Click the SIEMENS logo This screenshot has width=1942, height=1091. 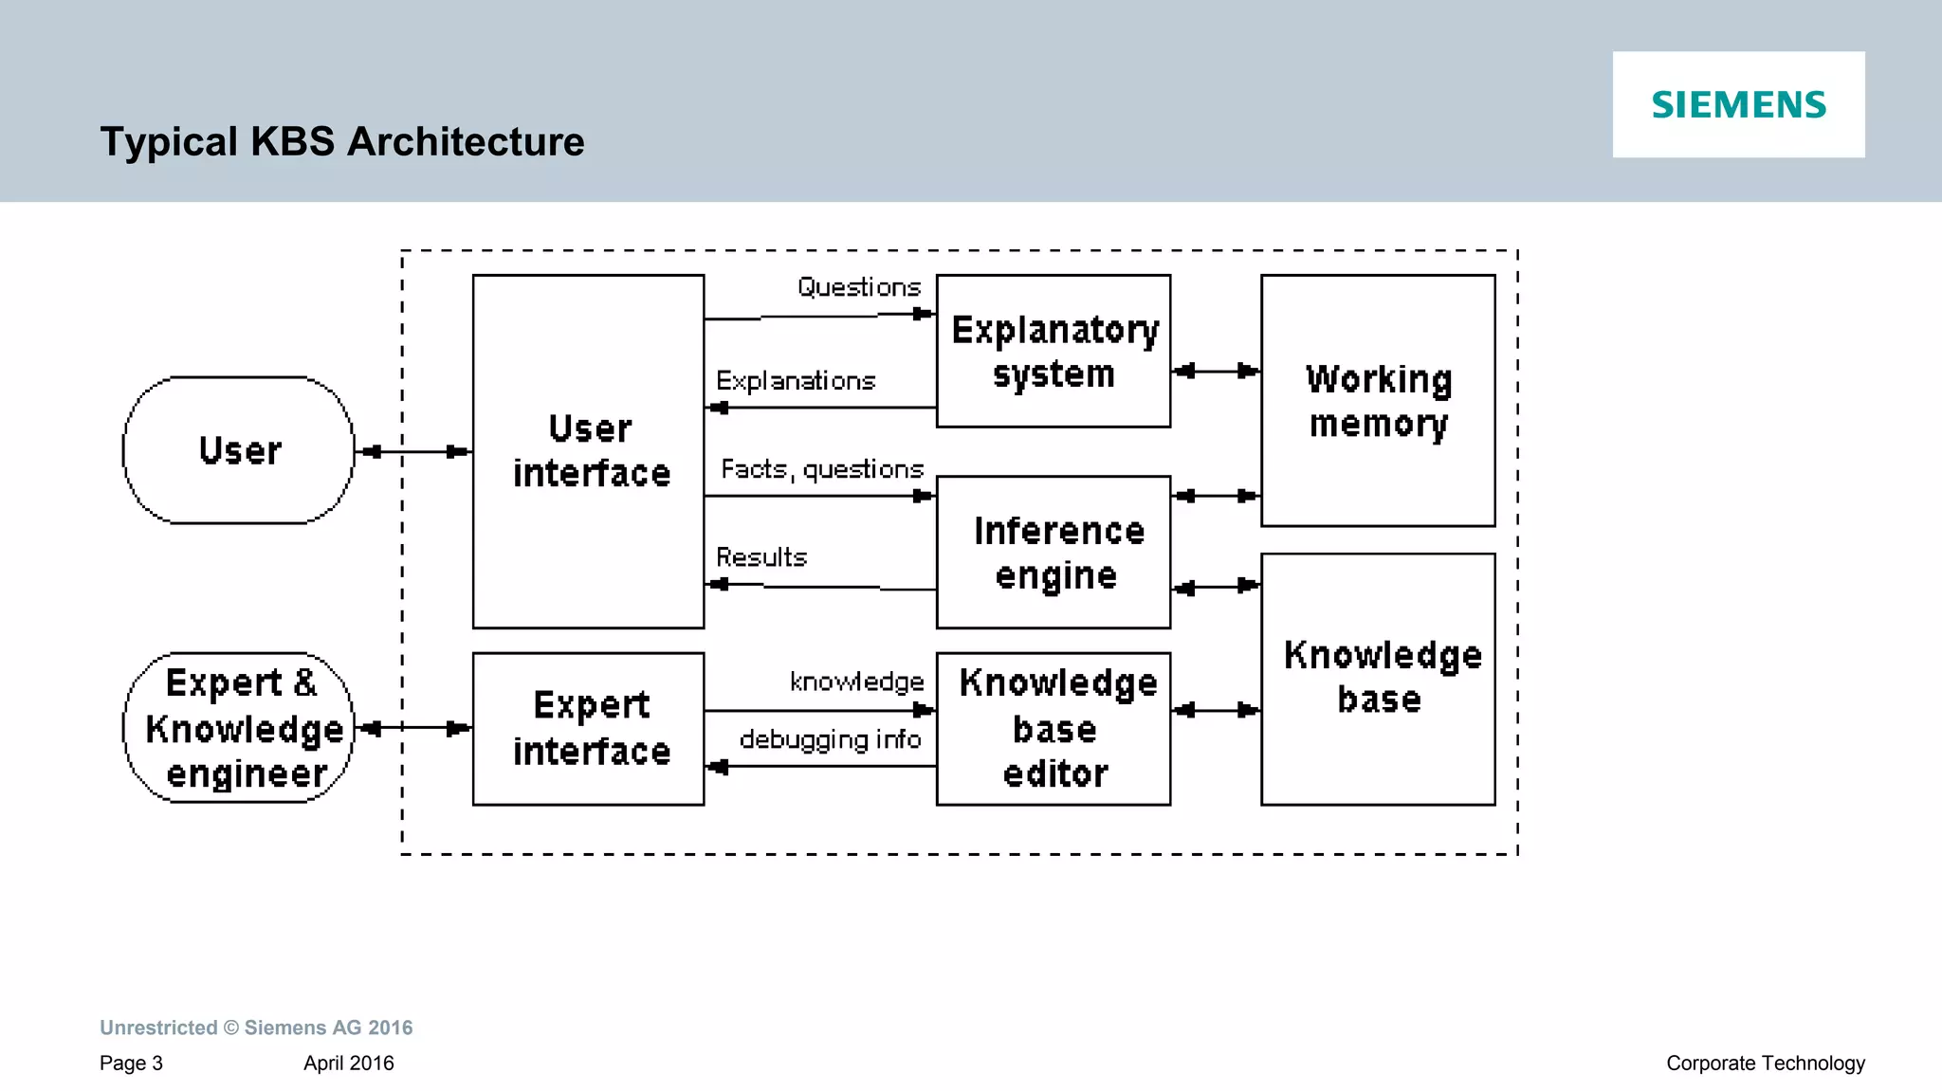tap(1738, 104)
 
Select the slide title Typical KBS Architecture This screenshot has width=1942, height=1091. tap(342, 142)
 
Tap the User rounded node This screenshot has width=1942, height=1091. tap(239, 450)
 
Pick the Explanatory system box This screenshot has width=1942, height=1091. tap(1053, 351)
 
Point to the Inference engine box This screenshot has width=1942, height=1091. tap(1053, 553)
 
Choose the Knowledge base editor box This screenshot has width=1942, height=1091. tap(1053, 729)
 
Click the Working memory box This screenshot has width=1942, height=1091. tap(1378, 401)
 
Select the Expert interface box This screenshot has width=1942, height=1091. tap(589, 729)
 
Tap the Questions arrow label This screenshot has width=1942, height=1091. tap(859, 287)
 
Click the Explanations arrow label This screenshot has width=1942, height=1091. tap(796, 381)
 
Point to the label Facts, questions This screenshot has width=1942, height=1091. tap(822, 469)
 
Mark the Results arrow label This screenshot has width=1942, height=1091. tap(761, 557)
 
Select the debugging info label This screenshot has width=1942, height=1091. tap(830, 739)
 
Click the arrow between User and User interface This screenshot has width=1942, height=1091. tap(414, 452)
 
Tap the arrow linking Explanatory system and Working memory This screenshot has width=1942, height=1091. tap(1216, 371)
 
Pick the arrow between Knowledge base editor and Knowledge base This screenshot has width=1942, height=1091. tap(1216, 710)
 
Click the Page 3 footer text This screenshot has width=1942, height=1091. tap(131, 1064)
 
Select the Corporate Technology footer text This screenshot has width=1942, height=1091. tap(1766, 1064)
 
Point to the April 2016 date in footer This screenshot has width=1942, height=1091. tap(348, 1064)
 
